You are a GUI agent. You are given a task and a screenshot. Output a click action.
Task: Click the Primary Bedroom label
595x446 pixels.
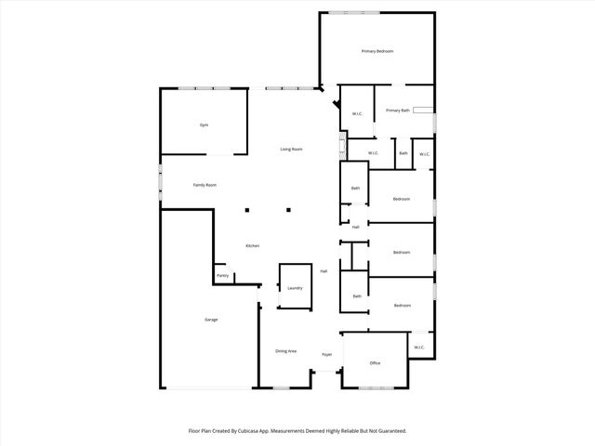pyautogui.click(x=377, y=51)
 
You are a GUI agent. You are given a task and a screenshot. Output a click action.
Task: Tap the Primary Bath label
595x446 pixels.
pyautogui.click(x=398, y=111)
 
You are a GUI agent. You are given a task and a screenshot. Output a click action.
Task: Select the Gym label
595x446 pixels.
pyautogui.click(x=204, y=125)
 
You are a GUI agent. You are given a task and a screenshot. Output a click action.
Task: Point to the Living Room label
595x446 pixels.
pyautogui.click(x=292, y=149)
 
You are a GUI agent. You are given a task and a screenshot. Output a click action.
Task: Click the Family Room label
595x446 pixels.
pyautogui.click(x=205, y=185)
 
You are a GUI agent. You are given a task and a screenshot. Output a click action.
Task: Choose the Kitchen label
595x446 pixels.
pyautogui.click(x=252, y=245)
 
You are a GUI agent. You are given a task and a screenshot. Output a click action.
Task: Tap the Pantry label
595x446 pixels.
pyautogui.click(x=223, y=276)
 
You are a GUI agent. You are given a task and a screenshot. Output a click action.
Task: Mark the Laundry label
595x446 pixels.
pyautogui.click(x=295, y=288)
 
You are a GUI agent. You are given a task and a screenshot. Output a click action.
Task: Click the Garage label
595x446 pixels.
pyautogui.click(x=211, y=320)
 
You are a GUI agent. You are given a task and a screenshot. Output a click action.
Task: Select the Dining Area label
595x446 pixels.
pyautogui.click(x=285, y=351)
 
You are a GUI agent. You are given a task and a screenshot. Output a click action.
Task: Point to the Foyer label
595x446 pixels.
pyautogui.click(x=327, y=355)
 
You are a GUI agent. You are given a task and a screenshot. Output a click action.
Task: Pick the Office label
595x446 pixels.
pyautogui.click(x=375, y=363)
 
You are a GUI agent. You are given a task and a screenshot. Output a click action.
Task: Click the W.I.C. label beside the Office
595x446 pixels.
pyautogui.click(x=419, y=348)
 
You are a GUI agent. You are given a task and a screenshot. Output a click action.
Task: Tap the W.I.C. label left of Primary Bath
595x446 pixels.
pyautogui.click(x=357, y=114)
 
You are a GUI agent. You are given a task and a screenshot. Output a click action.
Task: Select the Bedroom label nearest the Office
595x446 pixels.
pyautogui.click(x=402, y=306)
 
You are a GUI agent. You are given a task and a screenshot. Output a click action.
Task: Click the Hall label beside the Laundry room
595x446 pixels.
pyautogui.click(x=324, y=271)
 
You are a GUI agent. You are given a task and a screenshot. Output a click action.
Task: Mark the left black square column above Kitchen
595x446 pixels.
pyautogui.click(x=247, y=209)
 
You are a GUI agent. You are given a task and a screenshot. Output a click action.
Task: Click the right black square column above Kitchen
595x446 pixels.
pyautogui.click(x=288, y=209)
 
